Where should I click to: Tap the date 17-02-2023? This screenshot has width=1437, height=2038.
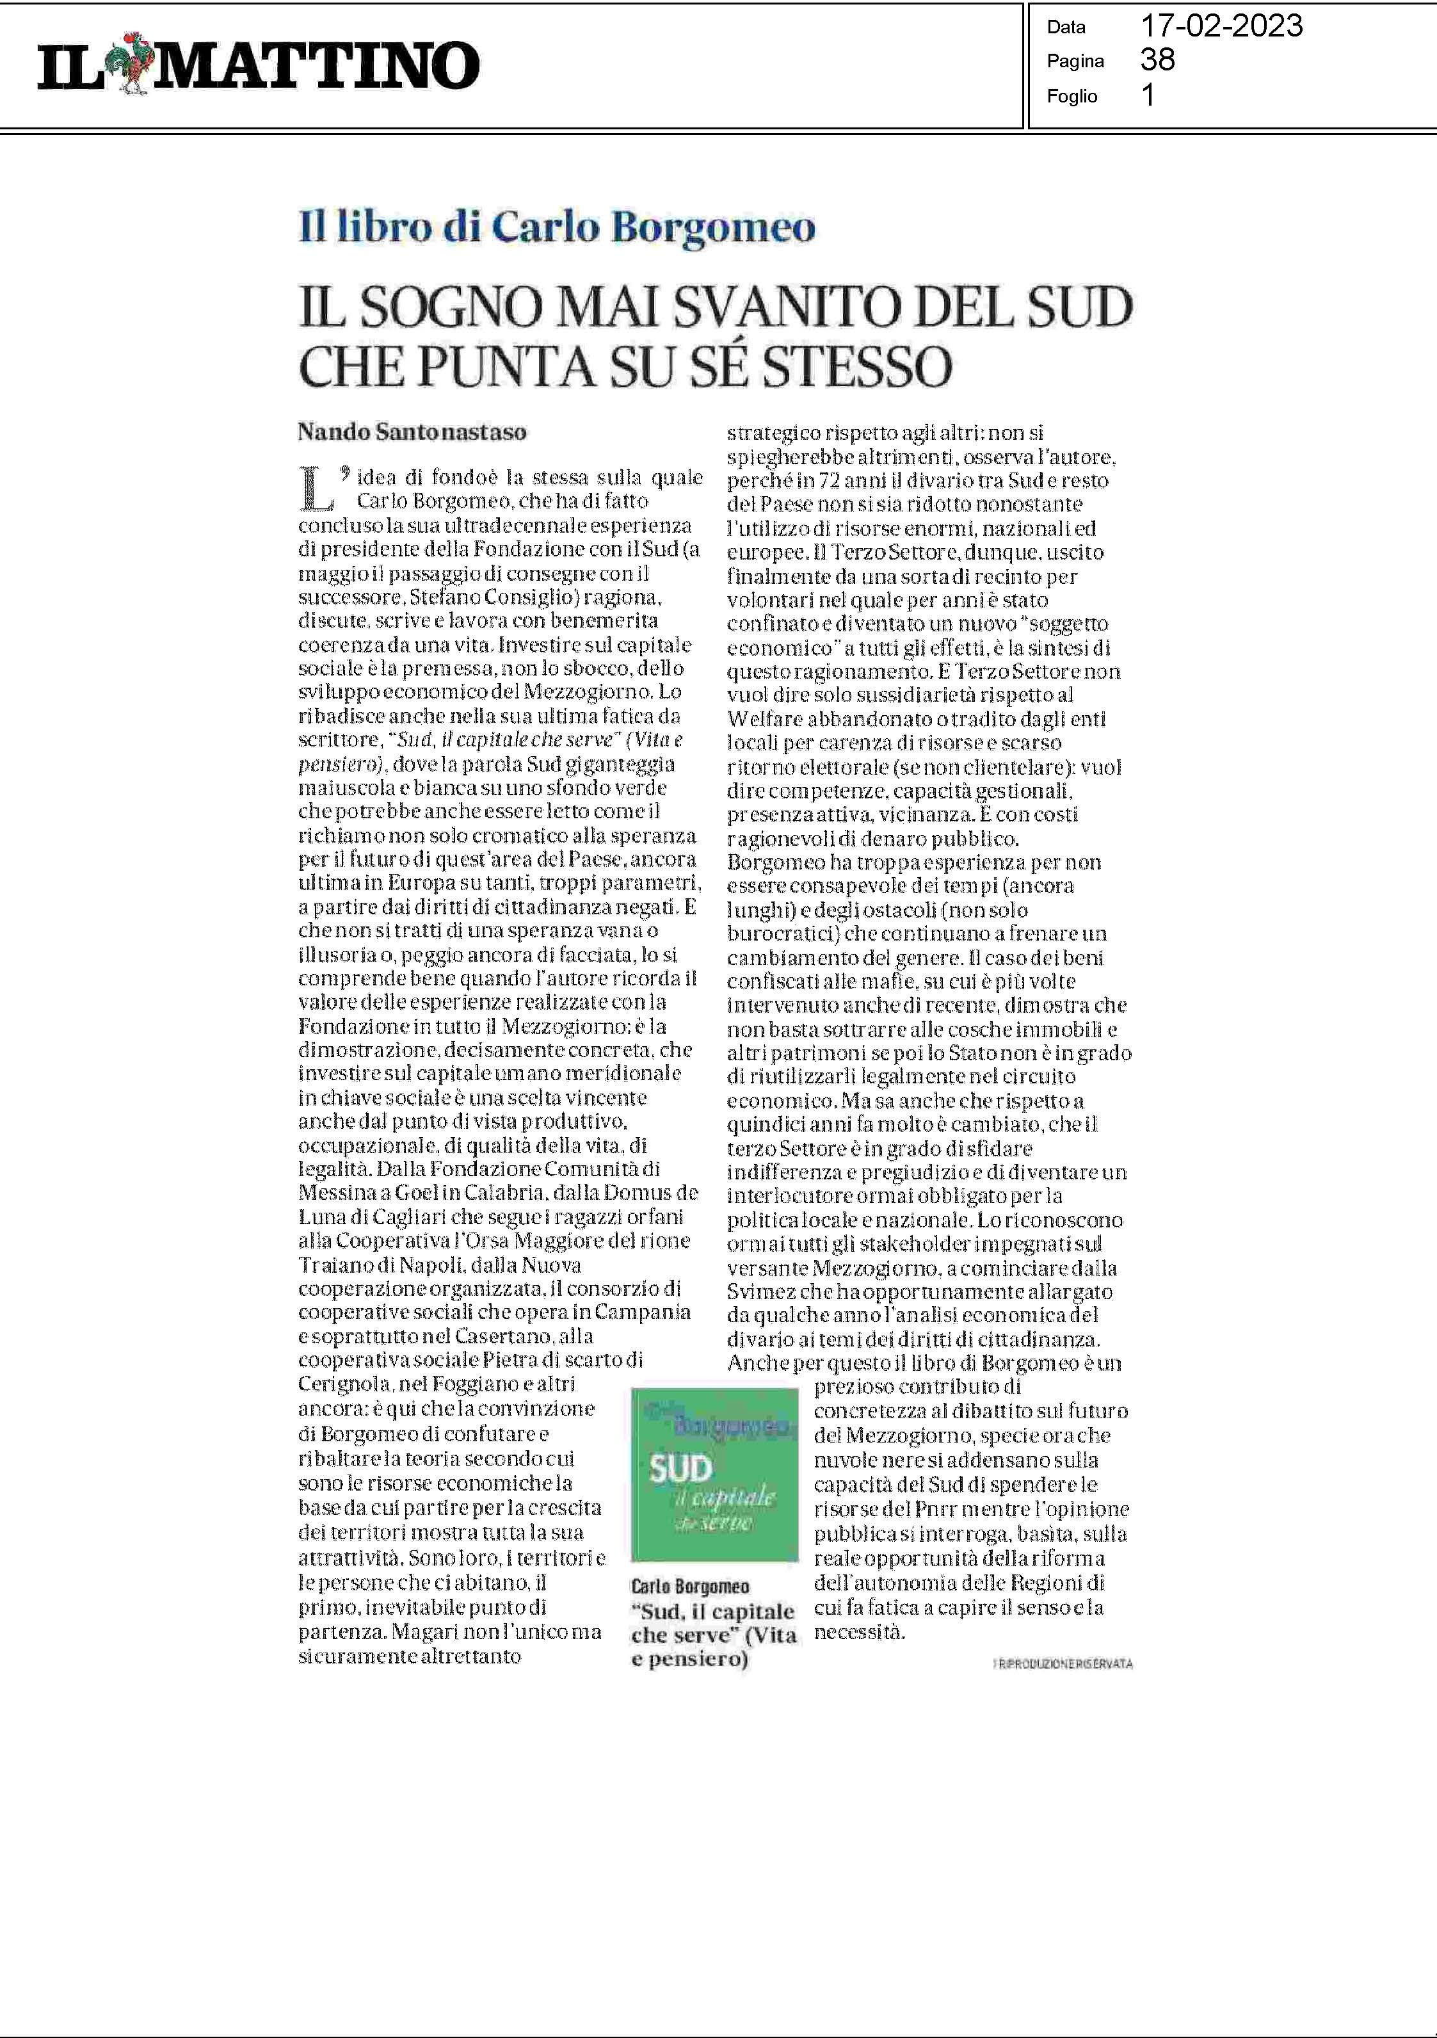click(1221, 26)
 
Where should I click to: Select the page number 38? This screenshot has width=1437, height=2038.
click(1157, 60)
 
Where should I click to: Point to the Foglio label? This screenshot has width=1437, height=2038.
click(1072, 96)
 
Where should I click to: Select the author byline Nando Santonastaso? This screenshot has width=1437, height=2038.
click(412, 432)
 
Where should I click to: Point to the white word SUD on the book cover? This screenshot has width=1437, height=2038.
click(681, 1470)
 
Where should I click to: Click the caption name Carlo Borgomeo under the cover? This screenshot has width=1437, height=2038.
click(689, 1586)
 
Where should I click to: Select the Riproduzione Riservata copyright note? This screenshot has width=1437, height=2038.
click(1063, 1663)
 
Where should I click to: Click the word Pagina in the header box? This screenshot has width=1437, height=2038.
click(1075, 61)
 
